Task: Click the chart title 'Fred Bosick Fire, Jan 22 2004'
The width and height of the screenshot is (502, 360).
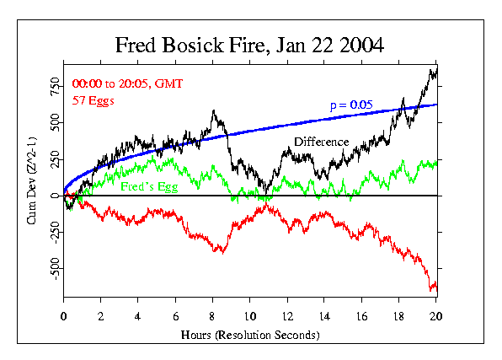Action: pos(250,45)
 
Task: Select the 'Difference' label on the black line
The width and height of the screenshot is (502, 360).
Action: pos(320,142)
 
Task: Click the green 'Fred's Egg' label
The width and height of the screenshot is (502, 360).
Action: pos(149,185)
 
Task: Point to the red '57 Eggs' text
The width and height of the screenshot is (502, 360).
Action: pos(93,100)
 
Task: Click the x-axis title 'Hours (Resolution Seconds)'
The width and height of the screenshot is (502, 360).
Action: pos(250,336)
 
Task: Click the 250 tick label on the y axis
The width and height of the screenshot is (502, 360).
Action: pos(52,159)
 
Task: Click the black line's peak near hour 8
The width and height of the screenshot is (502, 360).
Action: pos(214,110)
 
